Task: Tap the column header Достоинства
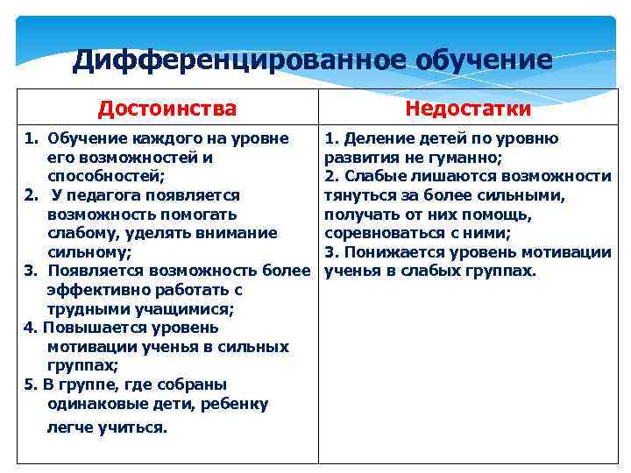point(167,109)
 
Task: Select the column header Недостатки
point(468,109)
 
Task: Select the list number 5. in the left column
point(32,385)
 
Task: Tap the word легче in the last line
point(70,427)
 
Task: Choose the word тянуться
point(358,196)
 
